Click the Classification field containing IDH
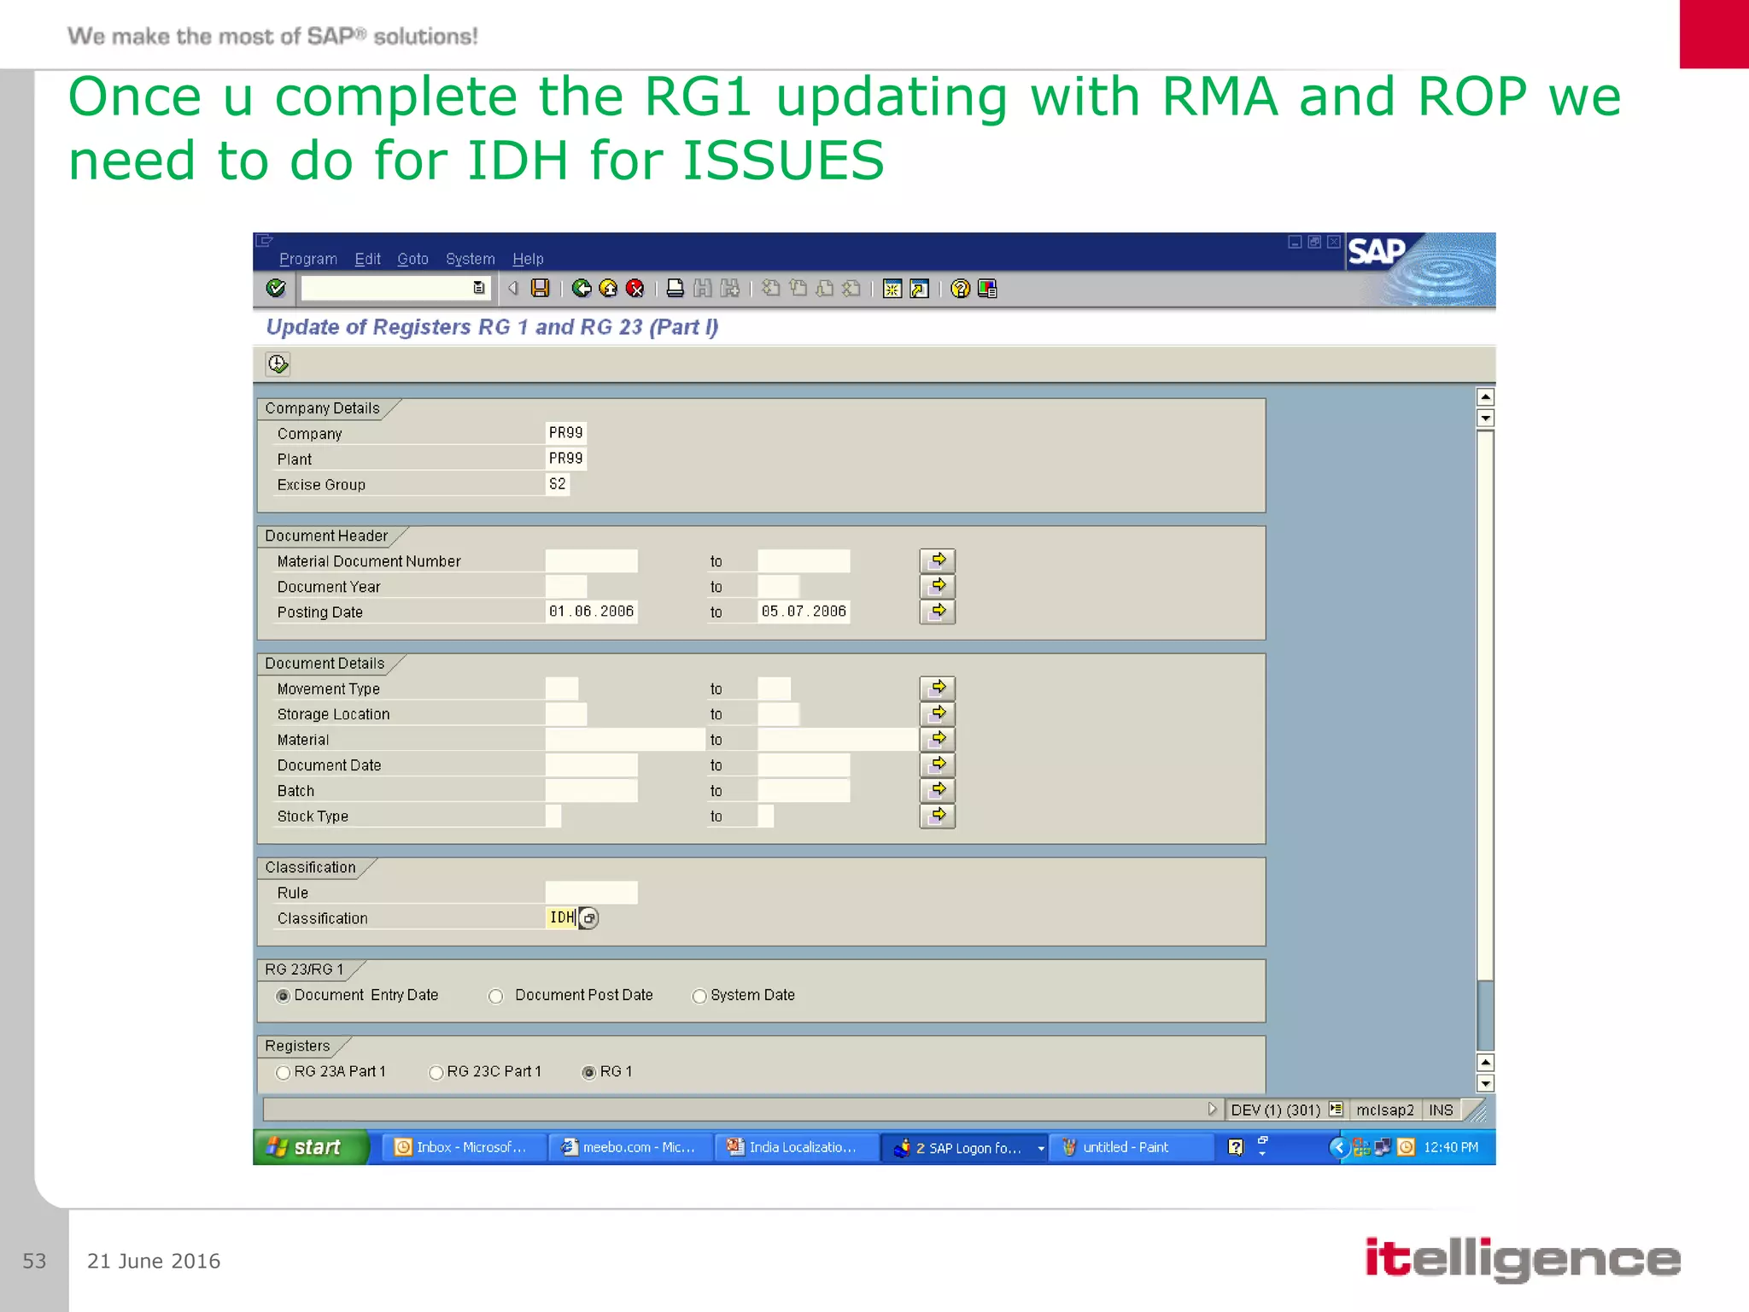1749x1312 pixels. point(561,917)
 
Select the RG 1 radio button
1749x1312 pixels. point(589,1073)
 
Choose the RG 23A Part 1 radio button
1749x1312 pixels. point(284,1073)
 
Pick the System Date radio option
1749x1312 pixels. point(699,996)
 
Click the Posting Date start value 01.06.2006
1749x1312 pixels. point(591,612)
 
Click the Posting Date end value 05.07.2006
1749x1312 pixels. point(803,612)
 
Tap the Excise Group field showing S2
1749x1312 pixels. point(558,484)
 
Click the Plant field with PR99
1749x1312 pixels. point(565,459)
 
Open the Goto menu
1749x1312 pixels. point(412,259)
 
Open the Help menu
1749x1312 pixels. point(527,259)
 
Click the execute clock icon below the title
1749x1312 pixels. point(278,365)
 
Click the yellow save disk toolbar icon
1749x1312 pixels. point(540,289)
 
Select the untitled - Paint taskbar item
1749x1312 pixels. point(1125,1147)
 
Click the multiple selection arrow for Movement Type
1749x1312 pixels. point(937,688)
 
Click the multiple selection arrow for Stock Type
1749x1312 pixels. point(937,816)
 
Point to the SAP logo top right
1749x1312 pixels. point(1376,251)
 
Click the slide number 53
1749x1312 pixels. point(34,1261)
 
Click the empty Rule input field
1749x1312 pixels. point(591,893)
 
